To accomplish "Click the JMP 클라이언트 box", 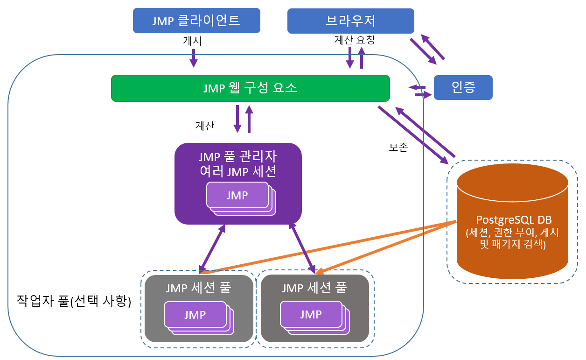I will click(196, 21).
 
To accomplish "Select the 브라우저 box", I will click(350, 21).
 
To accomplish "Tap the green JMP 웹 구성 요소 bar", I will click(250, 88).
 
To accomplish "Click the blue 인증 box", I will click(463, 87).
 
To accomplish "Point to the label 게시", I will click(193, 42).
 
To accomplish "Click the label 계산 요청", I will click(355, 41).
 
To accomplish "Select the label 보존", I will click(398, 148).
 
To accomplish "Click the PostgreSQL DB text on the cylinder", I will click(512, 220).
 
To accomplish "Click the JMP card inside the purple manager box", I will click(237, 195).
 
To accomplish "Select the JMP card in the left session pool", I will click(195, 315).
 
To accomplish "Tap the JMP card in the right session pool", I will click(311, 314).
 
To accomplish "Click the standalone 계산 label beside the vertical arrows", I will click(204, 126).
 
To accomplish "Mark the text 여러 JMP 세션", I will click(237, 171).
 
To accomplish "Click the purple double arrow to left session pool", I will click(213, 248).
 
